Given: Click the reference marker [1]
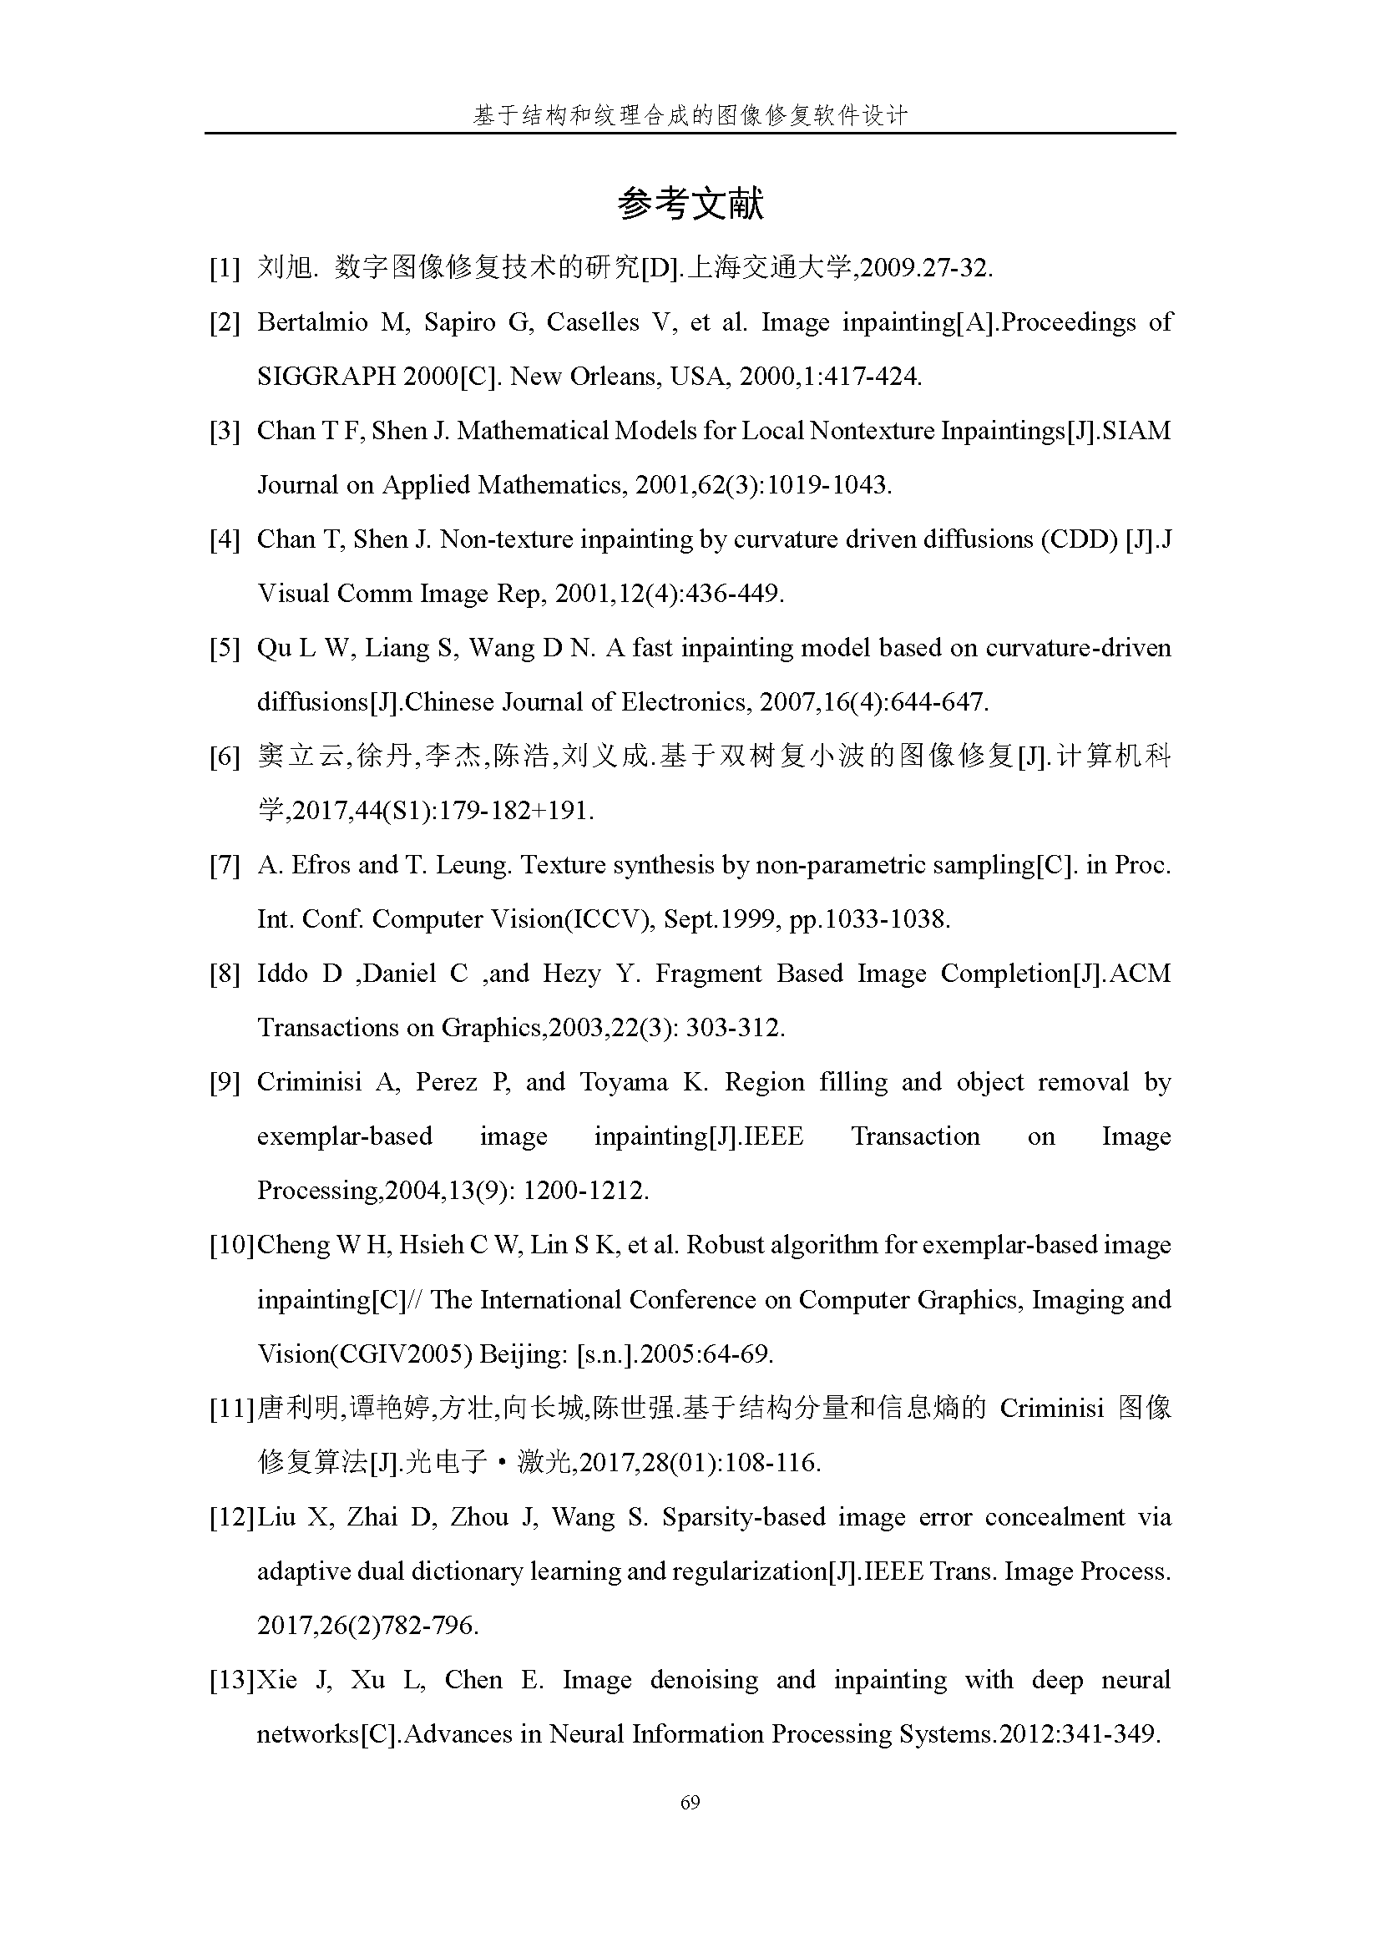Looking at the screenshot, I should pos(225,269).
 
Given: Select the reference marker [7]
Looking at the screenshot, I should pos(225,865).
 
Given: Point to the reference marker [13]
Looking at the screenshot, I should pos(231,1680).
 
